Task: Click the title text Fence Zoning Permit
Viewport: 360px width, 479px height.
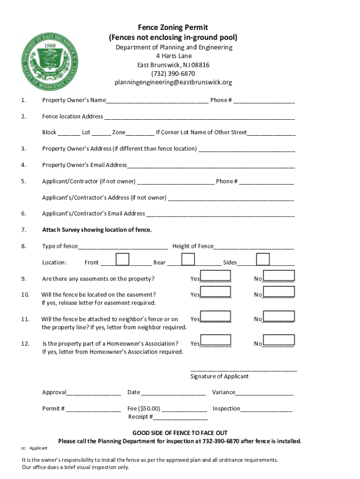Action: pos(173,28)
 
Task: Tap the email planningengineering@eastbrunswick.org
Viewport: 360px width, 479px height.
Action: pos(173,82)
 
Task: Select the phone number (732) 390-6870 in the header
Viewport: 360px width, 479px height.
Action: pos(173,73)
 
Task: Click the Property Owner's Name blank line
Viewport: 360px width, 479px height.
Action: pos(157,101)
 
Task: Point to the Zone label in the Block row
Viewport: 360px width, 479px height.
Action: pos(119,132)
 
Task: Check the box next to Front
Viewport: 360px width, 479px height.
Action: pos(122,259)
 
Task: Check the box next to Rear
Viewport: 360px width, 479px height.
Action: pos(188,259)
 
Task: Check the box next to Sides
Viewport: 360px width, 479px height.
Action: pos(263,259)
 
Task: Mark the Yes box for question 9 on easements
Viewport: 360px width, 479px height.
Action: pos(215,276)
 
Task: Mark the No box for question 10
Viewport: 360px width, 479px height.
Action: pos(279,292)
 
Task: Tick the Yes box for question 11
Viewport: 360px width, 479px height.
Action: pos(215,316)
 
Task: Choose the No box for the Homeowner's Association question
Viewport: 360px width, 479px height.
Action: pos(279,341)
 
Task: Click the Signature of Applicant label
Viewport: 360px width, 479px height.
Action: pos(219,377)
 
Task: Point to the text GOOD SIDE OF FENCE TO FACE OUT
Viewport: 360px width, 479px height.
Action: pos(180,433)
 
